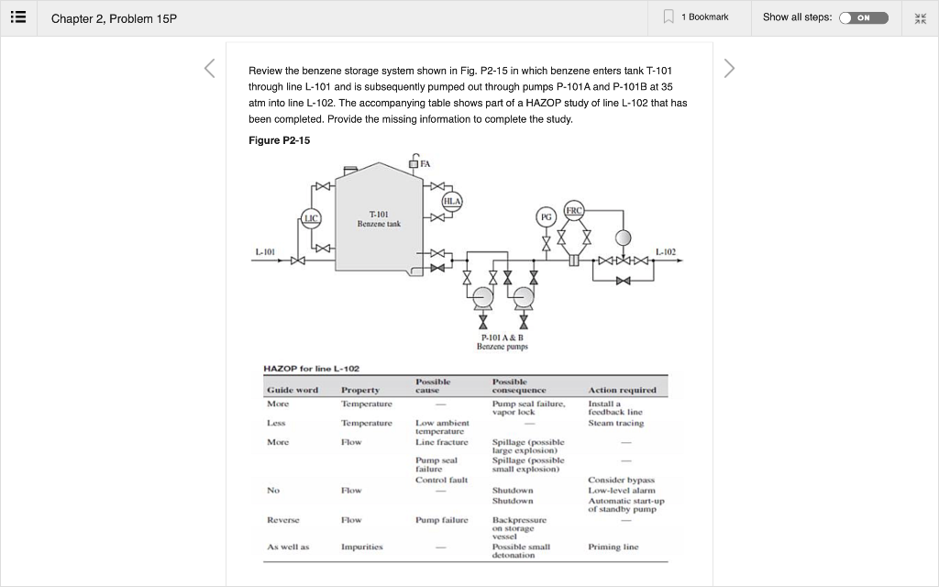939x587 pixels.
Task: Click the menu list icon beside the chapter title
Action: coord(18,17)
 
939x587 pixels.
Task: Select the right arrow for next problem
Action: coord(729,69)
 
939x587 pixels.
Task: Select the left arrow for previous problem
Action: coord(209,69)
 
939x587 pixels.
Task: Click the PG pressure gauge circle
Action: coord(547,218)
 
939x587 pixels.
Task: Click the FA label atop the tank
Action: coord(425,163)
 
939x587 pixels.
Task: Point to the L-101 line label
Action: coord(265,250)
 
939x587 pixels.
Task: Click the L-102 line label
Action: coord(667,250)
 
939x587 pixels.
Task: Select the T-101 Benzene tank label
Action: coord(379,218)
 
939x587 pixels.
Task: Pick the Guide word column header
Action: coord(293,390)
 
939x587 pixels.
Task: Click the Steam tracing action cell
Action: coord(615,423)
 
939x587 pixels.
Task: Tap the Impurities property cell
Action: coord(361,547)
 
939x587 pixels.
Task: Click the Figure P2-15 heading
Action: coord(279,140)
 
